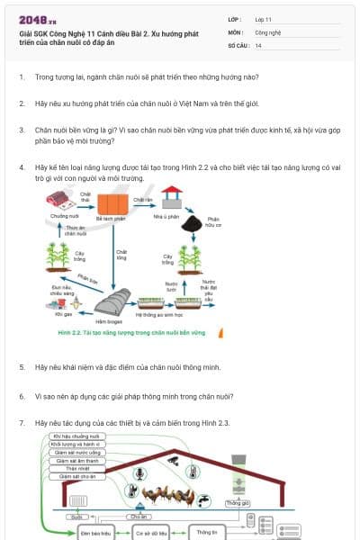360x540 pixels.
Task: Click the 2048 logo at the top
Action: click(x=38, y=19)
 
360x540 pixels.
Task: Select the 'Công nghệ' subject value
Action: click(x=269, y=31)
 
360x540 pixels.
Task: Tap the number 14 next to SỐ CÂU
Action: click(x=258, y=45)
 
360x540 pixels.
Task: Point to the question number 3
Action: click(x=22, y=130)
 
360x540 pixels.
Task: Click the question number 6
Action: click(x=22, y=396)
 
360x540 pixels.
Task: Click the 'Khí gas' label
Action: click(x=62, y=315)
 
